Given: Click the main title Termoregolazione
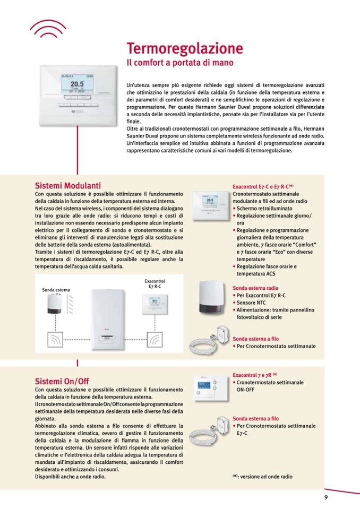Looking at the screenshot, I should [x=184, y=49].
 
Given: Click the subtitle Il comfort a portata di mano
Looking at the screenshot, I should [x=179, y=63].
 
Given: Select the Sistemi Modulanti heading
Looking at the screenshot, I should [x=67, y=186].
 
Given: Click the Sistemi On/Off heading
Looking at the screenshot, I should [x=62, y=381].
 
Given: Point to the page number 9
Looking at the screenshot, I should [x=326, y=497].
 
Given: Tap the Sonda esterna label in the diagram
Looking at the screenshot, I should [x=56, y=290].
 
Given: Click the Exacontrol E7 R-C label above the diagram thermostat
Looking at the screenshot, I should [x=155, y=283].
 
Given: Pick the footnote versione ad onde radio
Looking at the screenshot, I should [x=262, y=477].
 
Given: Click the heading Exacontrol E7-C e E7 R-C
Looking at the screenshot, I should [x=263, y=187].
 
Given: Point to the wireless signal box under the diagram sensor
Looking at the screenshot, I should [x=55, y=339].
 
